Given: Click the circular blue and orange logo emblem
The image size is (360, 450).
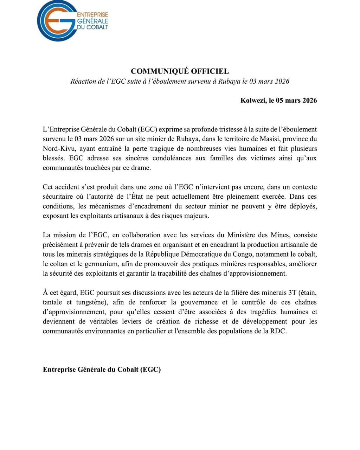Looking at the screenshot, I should pyautogui.click(x=56, y=21).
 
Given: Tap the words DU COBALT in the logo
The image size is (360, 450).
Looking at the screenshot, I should pyautogui.click(x=92, y=27).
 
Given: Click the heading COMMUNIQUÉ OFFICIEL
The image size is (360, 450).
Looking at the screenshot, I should pyautogui.click(x=180, y=71).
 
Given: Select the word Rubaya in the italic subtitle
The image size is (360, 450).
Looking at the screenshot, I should pyautogui.click(x=229, y=82).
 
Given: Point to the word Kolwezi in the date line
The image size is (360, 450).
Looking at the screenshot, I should pyautogui.click(x=253, y=101).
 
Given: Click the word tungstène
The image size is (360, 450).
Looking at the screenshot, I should pyautogui.click(x=92, y=302).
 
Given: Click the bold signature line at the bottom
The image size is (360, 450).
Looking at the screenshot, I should pyautogui.click(x=102, y=369).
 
